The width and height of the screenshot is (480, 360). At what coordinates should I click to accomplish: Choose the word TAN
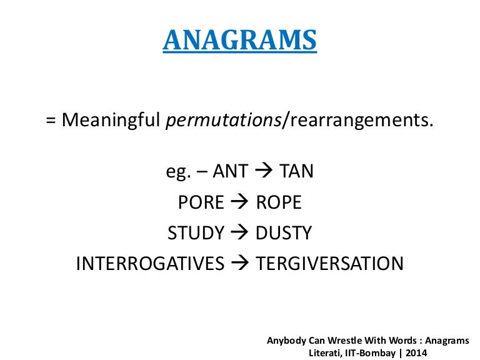(x=297, y=171)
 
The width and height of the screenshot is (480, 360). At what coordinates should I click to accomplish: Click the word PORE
(x=201, y=202)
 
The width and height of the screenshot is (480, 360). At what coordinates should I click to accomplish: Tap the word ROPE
(x=279, y=202)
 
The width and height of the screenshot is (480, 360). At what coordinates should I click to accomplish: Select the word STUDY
(x=196, y=232)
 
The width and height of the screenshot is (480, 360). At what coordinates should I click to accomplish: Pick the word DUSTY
(x=283, y=232)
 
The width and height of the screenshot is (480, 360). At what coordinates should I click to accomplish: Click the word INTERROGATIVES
(x=150, y=263)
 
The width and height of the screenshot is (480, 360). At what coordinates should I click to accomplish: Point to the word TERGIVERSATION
(x=330, y=263)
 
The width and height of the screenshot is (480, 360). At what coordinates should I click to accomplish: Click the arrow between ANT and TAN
(x=265, y=171)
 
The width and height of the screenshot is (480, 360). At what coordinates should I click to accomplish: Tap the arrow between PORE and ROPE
(x=240, y=202)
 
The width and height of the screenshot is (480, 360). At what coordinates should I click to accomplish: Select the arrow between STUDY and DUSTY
(x=239, y=232)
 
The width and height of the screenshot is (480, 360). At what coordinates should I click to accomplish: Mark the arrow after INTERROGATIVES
(x=240, y=263)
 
